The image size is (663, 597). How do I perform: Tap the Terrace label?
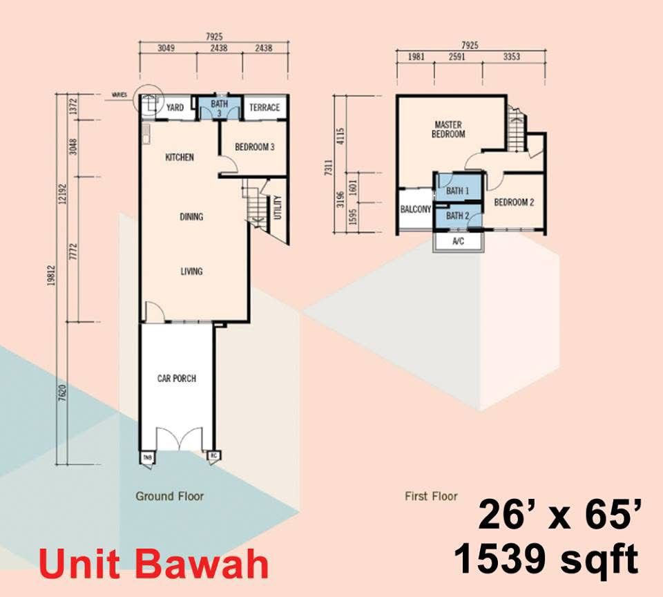point(265,108)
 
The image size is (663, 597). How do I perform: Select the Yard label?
point(175,108)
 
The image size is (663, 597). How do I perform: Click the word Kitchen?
point(180,158)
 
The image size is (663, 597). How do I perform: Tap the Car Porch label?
point(177,378)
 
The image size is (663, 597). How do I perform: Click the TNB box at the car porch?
point(148,457)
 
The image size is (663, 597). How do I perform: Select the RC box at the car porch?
point(214,456)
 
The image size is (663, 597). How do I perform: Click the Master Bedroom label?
point(448,130)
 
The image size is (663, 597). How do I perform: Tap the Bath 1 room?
point(457,191)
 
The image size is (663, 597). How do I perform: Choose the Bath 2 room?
point(457,216)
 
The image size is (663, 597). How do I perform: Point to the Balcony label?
point(416,209)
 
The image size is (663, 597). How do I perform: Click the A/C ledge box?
point(458,243)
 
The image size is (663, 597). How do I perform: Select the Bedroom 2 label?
point(514,203)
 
